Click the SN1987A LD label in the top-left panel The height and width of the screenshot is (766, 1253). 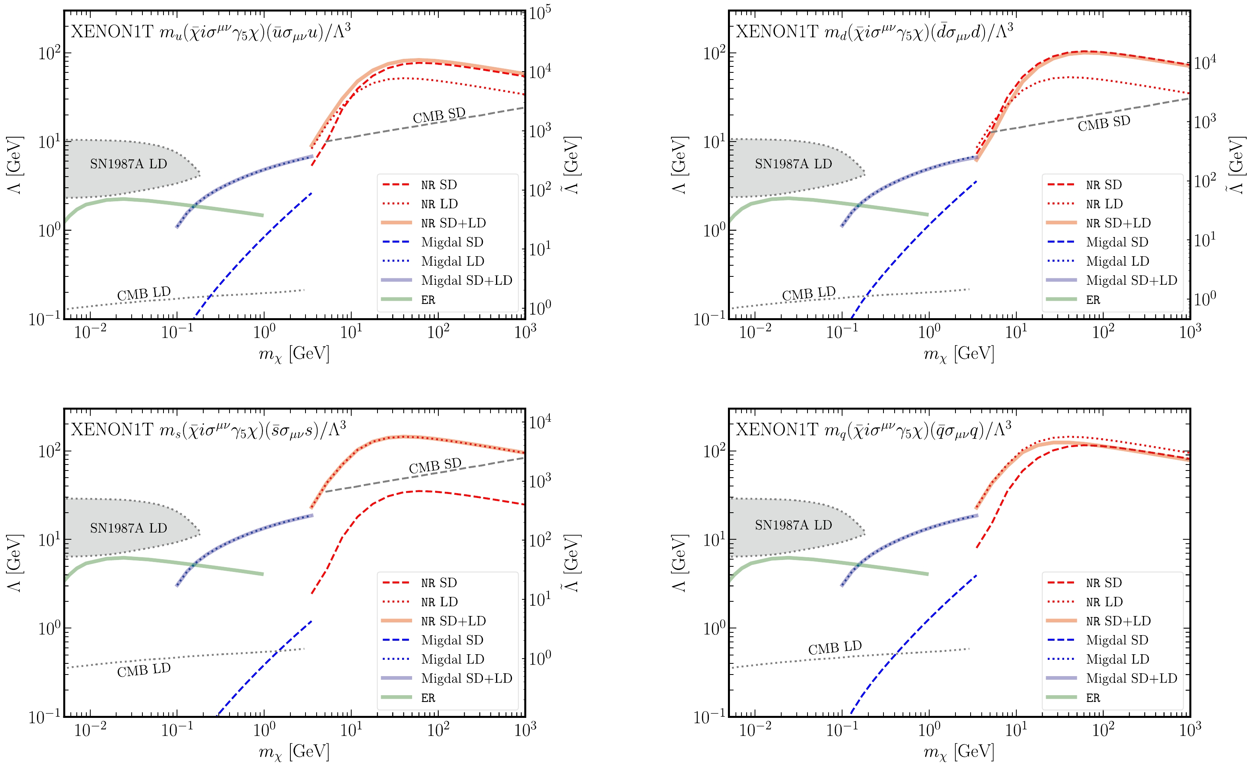coord(128,164)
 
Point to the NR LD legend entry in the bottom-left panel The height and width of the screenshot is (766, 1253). coord(440,602)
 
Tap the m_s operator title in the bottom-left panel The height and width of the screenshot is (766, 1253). coord(208,430)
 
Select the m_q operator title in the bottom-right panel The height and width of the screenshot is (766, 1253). coord(874,430)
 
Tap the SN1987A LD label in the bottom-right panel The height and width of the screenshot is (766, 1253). coord(793,525)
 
